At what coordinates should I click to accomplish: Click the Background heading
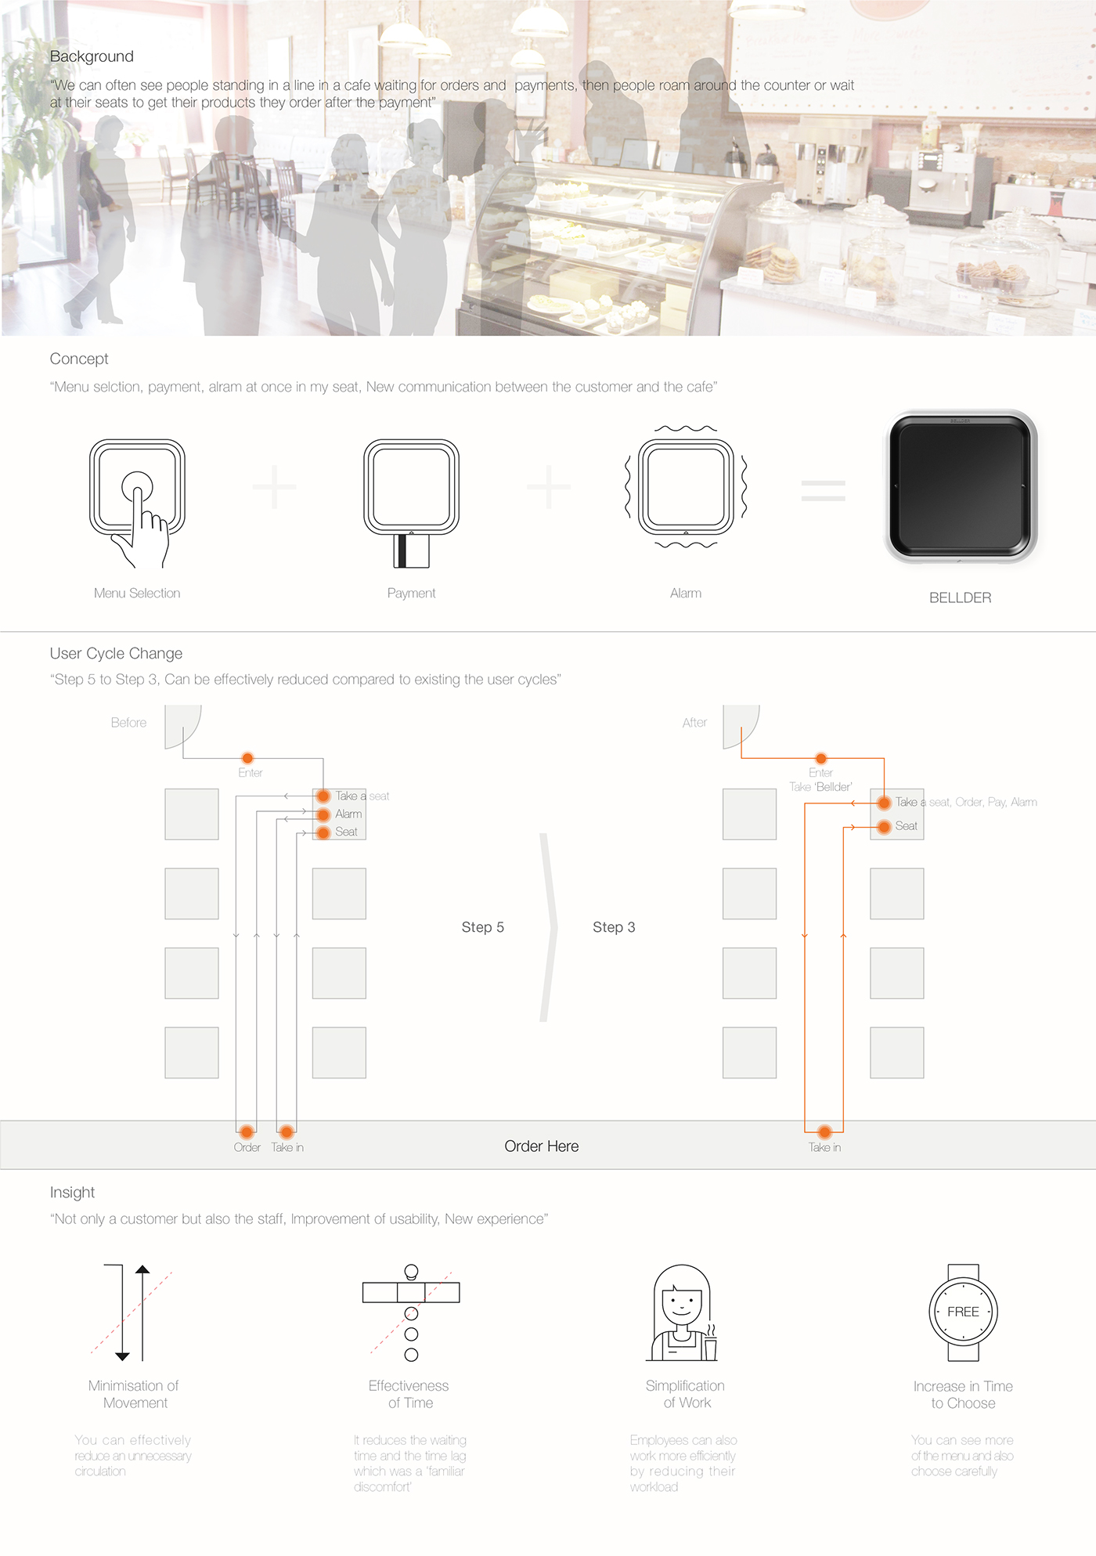point(92,56)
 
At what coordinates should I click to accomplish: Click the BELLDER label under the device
point(960,597)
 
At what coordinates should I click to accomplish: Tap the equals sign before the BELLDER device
point(823,491)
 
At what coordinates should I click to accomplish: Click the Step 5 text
point(482,927)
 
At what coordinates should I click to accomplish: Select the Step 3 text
point(614,927)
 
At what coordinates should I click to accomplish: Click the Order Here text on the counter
point(541,1146)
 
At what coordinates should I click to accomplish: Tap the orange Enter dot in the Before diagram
point(247,758)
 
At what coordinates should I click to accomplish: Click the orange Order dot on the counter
point(247,1132)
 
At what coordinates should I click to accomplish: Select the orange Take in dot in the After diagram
point(824,1132)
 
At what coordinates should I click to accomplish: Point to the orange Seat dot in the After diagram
point(884,826)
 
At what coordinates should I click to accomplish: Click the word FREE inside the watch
point(963,1312)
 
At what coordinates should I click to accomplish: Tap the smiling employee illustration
point(683,1313)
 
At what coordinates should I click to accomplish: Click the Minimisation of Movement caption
point(135,1394)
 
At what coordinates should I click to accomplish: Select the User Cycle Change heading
point(116,653)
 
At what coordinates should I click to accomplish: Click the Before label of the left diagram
point(128,723)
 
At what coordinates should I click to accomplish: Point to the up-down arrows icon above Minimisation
point(132,1312)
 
